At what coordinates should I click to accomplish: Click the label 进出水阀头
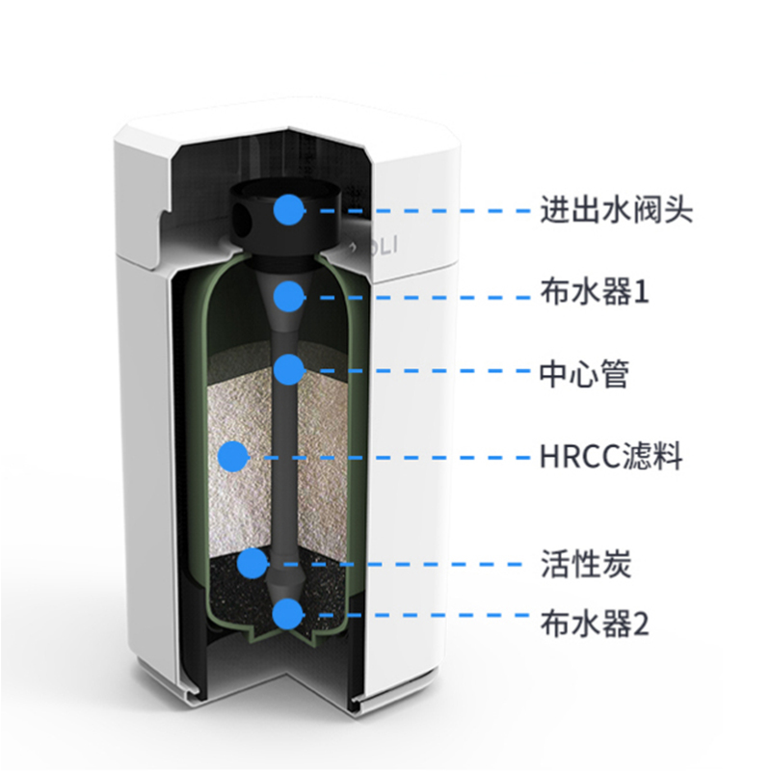point(617,210)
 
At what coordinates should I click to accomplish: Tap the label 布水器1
point(595,292)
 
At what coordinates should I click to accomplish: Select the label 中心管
point(585,374)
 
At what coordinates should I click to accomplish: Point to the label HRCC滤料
point(611,456)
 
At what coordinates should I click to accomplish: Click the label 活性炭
point(586,564)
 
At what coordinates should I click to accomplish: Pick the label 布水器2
point(595,624)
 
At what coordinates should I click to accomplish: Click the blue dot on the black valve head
point(289,209)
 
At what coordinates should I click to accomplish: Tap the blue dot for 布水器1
point(289,297)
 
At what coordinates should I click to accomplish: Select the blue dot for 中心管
point(289,369)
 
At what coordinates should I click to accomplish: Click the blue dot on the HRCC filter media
point(233,457)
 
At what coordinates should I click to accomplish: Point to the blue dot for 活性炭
point(253,564)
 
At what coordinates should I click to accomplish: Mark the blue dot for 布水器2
point(287,614)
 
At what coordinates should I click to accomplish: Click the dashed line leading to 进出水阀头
point(418,210)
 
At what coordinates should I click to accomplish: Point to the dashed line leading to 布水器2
point(417,615)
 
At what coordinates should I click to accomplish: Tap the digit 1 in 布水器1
point(642,293)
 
